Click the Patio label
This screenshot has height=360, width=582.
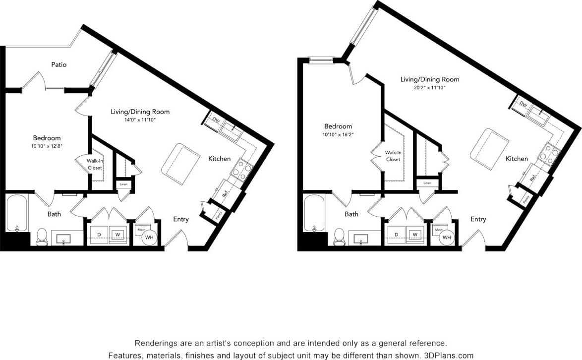(58, 64)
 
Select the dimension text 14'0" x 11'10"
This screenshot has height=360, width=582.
(140, 120)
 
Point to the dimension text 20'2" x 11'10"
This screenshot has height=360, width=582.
(430, 88)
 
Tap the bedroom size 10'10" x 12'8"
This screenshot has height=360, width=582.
(47, 146)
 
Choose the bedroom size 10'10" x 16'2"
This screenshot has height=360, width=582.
(338, 134)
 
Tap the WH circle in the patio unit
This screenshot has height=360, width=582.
(149, 238)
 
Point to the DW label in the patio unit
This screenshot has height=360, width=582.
(216, 120)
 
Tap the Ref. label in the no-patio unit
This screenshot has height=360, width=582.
(532, 178)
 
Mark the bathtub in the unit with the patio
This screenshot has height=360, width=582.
(17, 213)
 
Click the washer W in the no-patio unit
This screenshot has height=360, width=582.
(415, 234)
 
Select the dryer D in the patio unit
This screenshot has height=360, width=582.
(99, 234)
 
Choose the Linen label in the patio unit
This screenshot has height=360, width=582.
(123, 184)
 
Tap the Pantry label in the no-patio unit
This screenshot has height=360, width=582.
(525, 200)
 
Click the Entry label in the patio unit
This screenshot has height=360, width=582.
(180, 219)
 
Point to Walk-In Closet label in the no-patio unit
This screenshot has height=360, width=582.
(393, 156)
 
